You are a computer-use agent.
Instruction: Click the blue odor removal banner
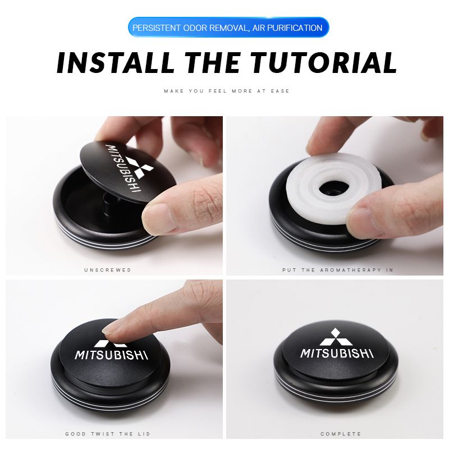pos(228,28)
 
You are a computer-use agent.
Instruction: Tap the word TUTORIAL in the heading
pos(324,62)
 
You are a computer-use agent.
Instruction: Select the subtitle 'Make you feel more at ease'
pos(227,91)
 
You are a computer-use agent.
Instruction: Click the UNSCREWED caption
pos(108,270)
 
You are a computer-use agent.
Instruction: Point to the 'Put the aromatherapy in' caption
pos(338,270)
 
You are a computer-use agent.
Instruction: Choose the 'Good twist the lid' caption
pos(108,434)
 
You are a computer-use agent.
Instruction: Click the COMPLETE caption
pos(341,434)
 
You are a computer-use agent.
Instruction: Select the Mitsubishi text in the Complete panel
pos(337,353)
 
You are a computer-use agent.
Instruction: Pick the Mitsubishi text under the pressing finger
pos(111,355)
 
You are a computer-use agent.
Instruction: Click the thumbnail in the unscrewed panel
pos(159,218)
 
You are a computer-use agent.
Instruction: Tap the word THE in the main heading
pos(213,62)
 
